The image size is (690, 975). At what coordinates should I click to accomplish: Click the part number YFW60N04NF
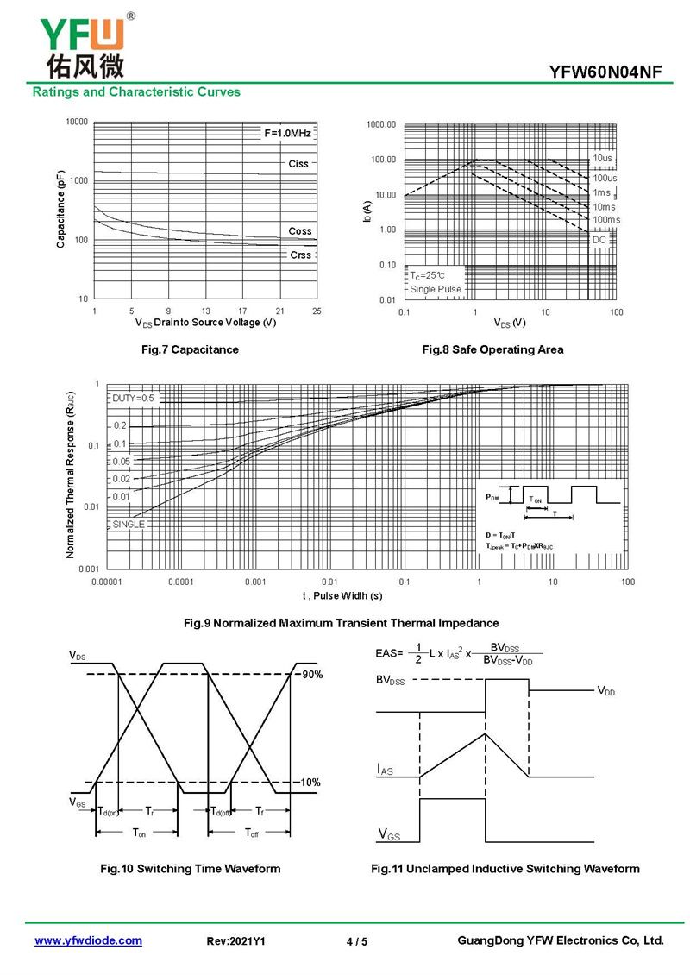(605, 72)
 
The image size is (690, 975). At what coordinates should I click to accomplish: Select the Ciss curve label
(298, 164)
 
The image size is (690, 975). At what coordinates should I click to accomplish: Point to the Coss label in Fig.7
(300, 231)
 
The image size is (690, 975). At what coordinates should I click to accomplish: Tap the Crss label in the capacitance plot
(300, 255)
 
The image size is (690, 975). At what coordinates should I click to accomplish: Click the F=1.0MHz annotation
(287, 133)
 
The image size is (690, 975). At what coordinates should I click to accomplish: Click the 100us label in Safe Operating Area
(605, 178)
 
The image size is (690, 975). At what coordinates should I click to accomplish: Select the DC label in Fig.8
(599, 240)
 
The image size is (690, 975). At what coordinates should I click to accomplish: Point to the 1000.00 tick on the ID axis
(380, 125)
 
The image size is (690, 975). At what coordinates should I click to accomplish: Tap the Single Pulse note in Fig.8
(436, 289)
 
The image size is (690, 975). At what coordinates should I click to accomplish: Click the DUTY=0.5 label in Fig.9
(133, 399)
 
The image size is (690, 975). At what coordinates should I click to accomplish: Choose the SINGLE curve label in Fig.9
(129, 525)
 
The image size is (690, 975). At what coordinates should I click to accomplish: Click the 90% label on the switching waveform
(310, 675)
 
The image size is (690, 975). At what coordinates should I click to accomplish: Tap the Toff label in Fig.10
(251, 833)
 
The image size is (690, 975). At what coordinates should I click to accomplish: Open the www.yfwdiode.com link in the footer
(88, 940)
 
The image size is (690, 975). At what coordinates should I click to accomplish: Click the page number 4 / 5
(356, 942)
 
